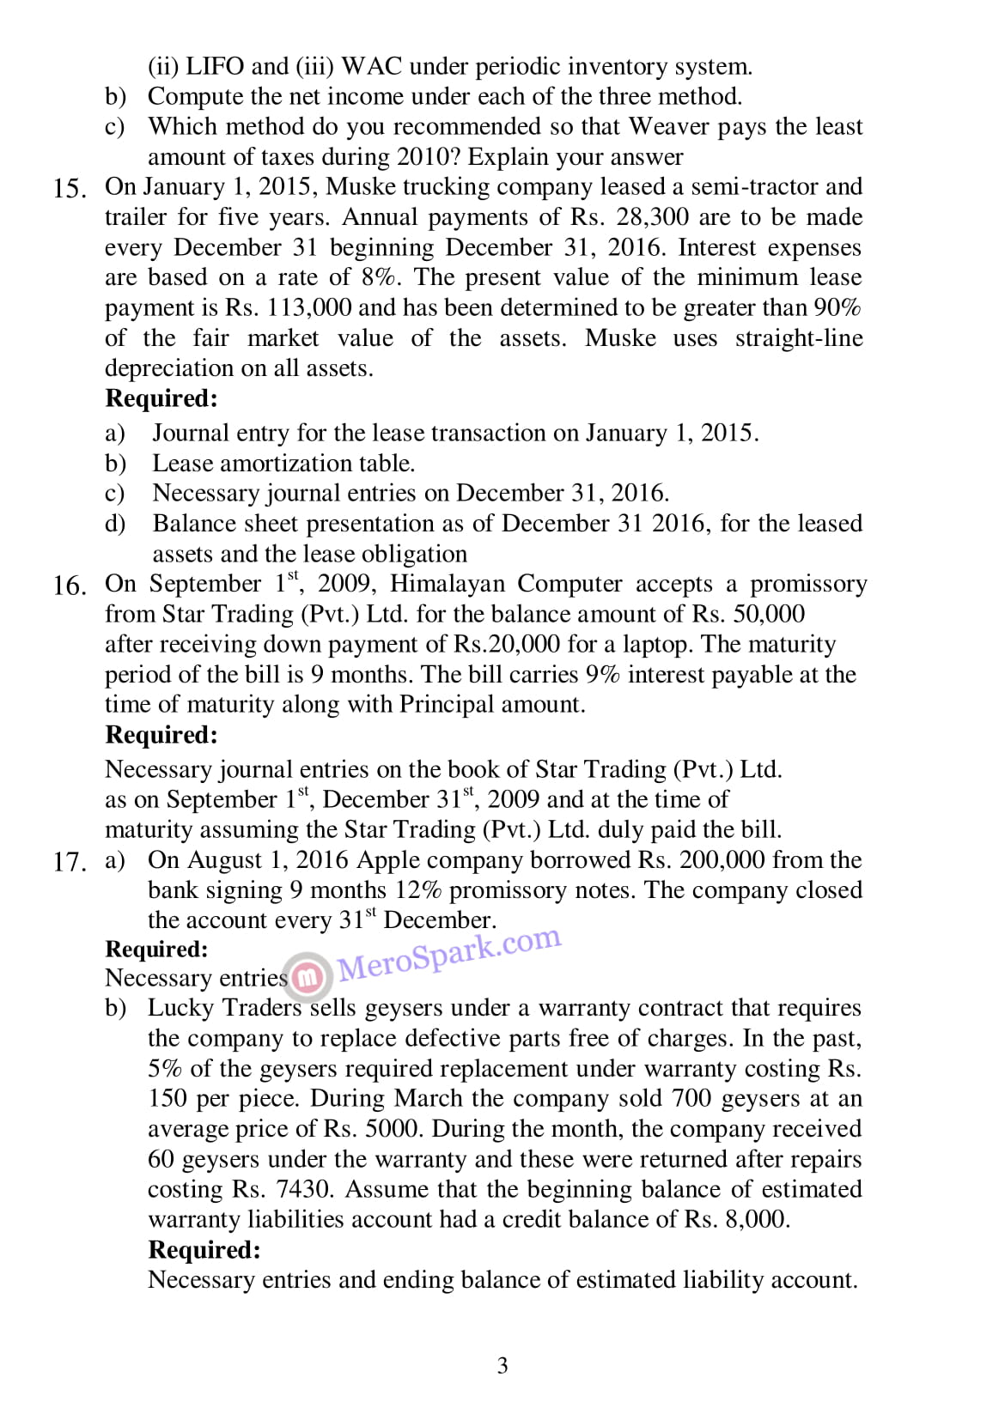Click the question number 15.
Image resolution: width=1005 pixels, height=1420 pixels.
tap(68, 189)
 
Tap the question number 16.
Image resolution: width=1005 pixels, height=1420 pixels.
tap(68, 586)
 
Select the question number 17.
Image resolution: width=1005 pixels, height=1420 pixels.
tap(68, 862)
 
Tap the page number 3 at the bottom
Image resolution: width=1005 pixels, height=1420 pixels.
tap(502, 1365)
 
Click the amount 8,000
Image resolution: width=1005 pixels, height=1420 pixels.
tap(755, 1219)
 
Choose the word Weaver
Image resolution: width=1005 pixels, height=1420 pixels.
tap(669, 126)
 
